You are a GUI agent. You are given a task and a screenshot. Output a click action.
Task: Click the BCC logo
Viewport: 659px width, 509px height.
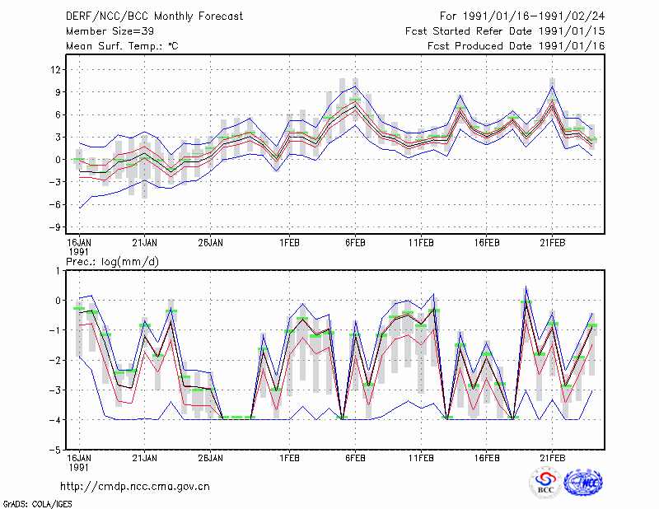pos(545,483)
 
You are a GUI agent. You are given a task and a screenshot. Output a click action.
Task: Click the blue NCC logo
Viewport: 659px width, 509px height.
pos(583,483)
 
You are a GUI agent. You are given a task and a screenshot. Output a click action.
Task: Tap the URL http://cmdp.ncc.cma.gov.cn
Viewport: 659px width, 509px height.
pos(135,487)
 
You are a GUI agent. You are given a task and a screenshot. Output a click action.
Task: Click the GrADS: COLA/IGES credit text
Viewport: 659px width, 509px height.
pos(37,504)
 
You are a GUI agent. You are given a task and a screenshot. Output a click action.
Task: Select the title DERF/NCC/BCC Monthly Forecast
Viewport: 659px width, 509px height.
pos(154,16)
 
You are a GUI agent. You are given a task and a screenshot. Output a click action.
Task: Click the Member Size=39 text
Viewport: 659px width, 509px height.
pos(110,31)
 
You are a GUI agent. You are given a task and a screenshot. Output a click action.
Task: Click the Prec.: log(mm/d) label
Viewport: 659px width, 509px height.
pos(112,262)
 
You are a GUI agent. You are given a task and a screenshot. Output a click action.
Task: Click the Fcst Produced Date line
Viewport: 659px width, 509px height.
pos(516,46)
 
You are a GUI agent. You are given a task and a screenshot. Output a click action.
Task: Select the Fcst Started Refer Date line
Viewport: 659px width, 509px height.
pos(505,31)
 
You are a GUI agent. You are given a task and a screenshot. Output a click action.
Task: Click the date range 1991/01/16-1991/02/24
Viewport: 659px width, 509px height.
pos(534,16)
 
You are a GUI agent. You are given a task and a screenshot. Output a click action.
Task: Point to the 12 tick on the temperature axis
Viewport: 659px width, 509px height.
pos(55,69)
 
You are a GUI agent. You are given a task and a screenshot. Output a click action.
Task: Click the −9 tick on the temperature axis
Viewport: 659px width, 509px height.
pos(54,227)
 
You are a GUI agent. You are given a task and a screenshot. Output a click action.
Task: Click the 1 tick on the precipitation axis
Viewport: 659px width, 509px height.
pos(58,271)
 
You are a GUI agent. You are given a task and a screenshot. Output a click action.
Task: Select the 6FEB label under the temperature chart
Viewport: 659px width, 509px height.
pos(355,243)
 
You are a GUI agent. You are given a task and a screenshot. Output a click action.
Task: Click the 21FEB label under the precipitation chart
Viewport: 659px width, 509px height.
pos(552,458)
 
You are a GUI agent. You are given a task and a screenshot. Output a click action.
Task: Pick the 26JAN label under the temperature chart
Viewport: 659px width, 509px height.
pos(211,243)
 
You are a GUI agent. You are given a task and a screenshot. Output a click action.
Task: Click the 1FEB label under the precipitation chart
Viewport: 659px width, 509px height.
pos(290,458)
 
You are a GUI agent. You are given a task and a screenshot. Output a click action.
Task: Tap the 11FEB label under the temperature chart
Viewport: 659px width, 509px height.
pos(421,243)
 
